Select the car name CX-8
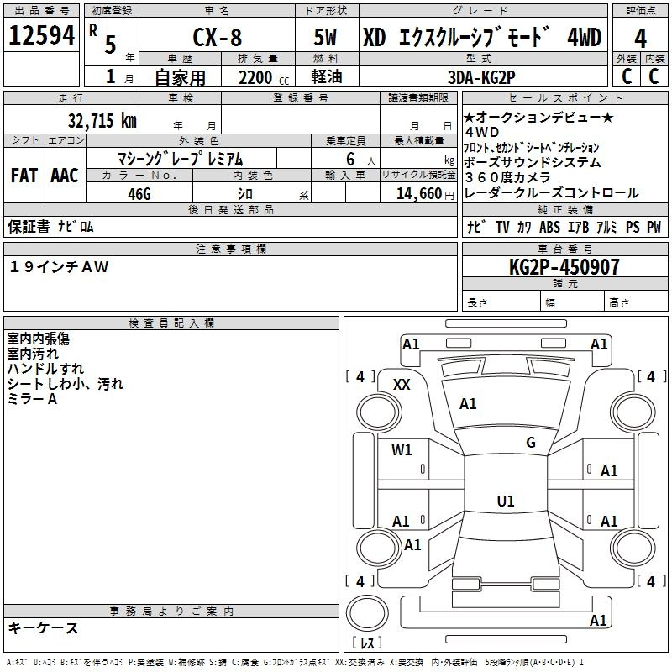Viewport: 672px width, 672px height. [216, 39]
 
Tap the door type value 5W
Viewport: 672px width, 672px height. [328, 39]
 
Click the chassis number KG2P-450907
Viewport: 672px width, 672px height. [564, 267]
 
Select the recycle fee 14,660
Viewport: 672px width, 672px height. [413, 192]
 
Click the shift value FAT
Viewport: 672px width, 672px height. [24, 175]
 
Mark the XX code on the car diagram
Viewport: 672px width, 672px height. [402, 384]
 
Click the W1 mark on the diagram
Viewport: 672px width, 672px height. [402, 450]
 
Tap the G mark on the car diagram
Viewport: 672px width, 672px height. [531, 443]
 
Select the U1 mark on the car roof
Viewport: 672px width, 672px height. [505, 501]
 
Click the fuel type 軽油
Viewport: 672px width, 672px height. [328, 76]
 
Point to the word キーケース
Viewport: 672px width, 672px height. [43, 627]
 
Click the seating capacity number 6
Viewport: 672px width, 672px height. [349, 159]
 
